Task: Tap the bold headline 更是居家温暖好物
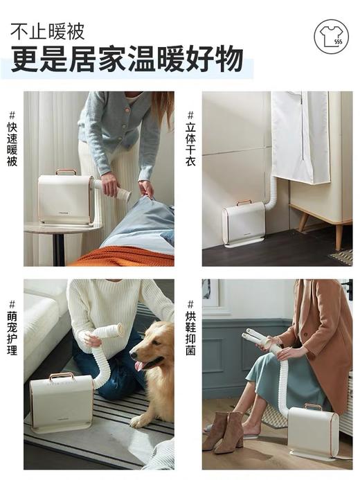click(x=127, y=60)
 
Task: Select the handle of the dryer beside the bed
click(x=66, y=172)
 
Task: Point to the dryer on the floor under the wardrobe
click(x=244, y=223)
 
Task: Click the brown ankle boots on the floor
click(x=225, y=431)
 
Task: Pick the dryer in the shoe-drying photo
click(x=312, y=433)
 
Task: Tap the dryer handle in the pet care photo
click(x=61, y=376)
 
